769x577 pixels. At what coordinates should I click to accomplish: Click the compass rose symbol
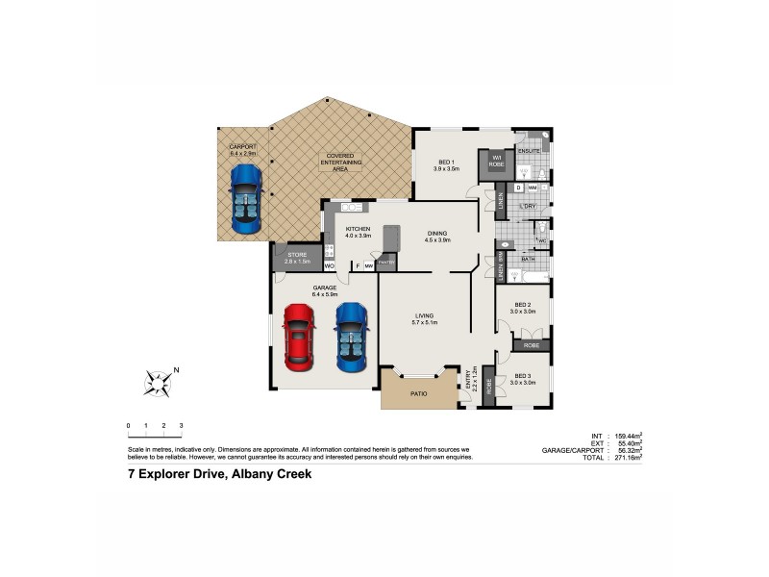pyautogui.click(x=158, y=382)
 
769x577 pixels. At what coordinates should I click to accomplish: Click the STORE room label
pyautogui.click(x=297, y=255)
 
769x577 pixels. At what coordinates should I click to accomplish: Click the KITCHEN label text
pyautogui.click(x=358, y=229)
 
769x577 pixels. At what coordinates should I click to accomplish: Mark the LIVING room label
pyautogui.click(x=424, y=315)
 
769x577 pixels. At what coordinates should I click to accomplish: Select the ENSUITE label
pyautogui.click(x=529, y=151)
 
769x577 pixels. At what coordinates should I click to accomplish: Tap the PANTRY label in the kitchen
pyautogui.click(x=385, y=262)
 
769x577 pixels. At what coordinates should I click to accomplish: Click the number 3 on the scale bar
pyautogui.click(x=181, y=425)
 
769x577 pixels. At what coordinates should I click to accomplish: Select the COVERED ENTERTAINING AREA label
pyautogui.click(x=340, y=160)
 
